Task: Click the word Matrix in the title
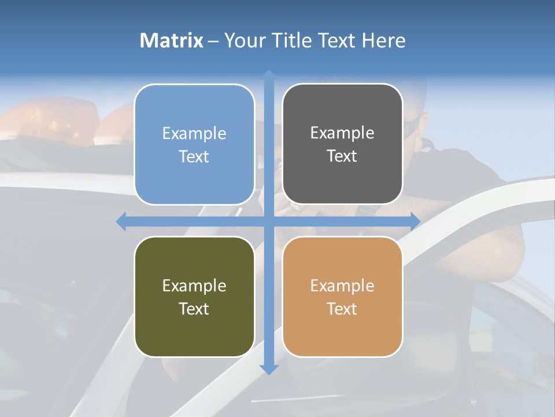[x=171, y=41]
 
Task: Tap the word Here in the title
[x=383, y=41]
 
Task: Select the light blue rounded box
[x=194, y=144]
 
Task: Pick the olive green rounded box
[x=194, y=297]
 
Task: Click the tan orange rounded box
[x=342, y=297]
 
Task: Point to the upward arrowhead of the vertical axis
[x=269, y=76]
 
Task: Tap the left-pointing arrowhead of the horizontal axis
[x=121, y=221]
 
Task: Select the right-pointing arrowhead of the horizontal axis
[x=415, y=221]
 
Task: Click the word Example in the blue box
[x=194, y=133]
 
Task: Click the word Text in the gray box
[x=342, y=156]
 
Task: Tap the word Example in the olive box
[x=194, y=286]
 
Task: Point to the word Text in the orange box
[x=342, y=309]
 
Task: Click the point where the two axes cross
[x=269, y=221]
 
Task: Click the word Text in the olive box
[x=194, y=309]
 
